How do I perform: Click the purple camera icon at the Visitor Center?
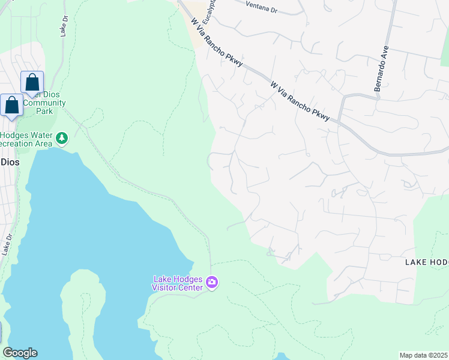tap(211, 282)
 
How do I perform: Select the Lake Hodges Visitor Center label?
tap(178, 283)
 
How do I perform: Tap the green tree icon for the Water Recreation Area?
tap(61, 139)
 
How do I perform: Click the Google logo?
tap(20, 353)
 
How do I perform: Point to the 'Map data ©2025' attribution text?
tap(424, 355)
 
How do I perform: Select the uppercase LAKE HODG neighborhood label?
tap(426, 262)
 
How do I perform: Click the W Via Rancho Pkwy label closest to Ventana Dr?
tap(216, 43)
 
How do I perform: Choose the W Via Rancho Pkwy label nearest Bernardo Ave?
tap(300, 102)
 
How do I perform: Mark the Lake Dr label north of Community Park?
tap(63, 28)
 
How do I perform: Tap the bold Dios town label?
tap(9, 162)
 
